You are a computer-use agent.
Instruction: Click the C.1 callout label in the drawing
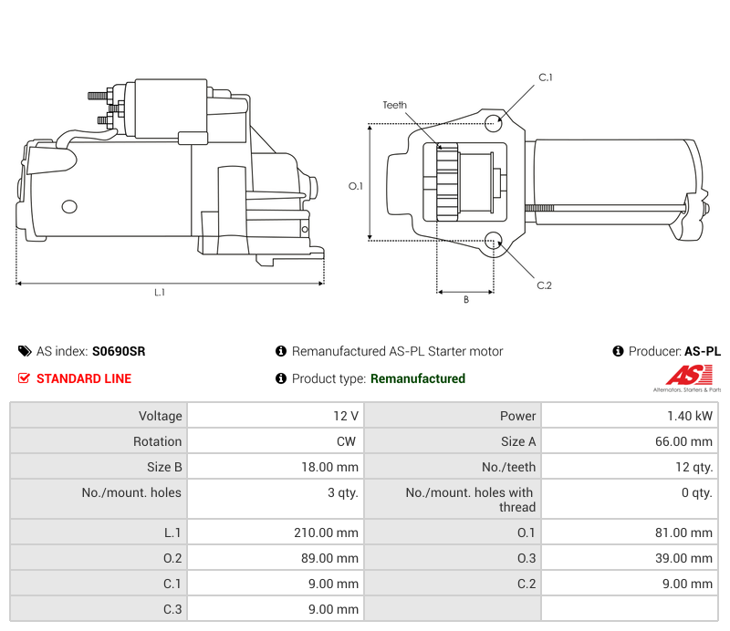point(545,78)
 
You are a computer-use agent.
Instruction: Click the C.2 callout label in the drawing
point(544,285)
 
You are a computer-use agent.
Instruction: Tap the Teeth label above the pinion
point(394,106)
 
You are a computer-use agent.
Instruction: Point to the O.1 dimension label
point(356,186)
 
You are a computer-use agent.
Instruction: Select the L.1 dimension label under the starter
point(160,293)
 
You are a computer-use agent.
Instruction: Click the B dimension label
point(465,299)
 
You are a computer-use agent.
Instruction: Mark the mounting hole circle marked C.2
point(494,241)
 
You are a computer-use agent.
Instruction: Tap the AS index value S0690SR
point(119,351)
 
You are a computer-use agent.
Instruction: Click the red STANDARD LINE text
point(84,378)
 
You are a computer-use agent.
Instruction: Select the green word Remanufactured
point(418,378)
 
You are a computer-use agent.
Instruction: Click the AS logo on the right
point(686,376)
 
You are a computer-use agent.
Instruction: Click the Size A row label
point(518,441)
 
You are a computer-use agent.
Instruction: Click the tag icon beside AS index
point(25,351)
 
